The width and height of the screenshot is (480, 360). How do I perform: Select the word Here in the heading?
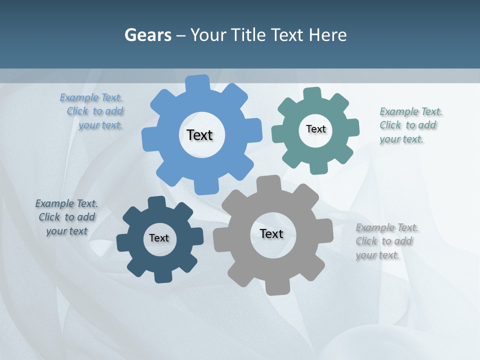click(327, 35)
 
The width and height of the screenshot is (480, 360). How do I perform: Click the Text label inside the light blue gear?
click(199, 135)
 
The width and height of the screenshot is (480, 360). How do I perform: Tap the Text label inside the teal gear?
click(315, 129)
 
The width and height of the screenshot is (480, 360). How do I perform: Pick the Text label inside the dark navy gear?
click(159, 238)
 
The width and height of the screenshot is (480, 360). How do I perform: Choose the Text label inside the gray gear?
click(271, 233)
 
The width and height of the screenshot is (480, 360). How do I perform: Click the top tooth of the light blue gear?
click(197, 82)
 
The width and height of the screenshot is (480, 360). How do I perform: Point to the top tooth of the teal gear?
click(312, 93)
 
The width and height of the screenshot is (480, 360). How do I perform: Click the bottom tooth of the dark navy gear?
click(163, 276)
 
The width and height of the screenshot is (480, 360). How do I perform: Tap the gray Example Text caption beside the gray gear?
click(386, 241)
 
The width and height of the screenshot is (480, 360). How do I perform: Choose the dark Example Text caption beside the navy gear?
click(66, 217)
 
